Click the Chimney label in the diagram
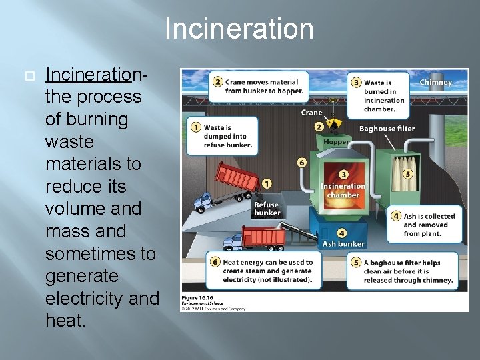tap(435, 83)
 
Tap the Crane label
tap(311, 113)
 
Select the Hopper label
tap(336, 142)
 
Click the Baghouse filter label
tap(387, 129)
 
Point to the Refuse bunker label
tap(266, 209)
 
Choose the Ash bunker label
tap(343, 244)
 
